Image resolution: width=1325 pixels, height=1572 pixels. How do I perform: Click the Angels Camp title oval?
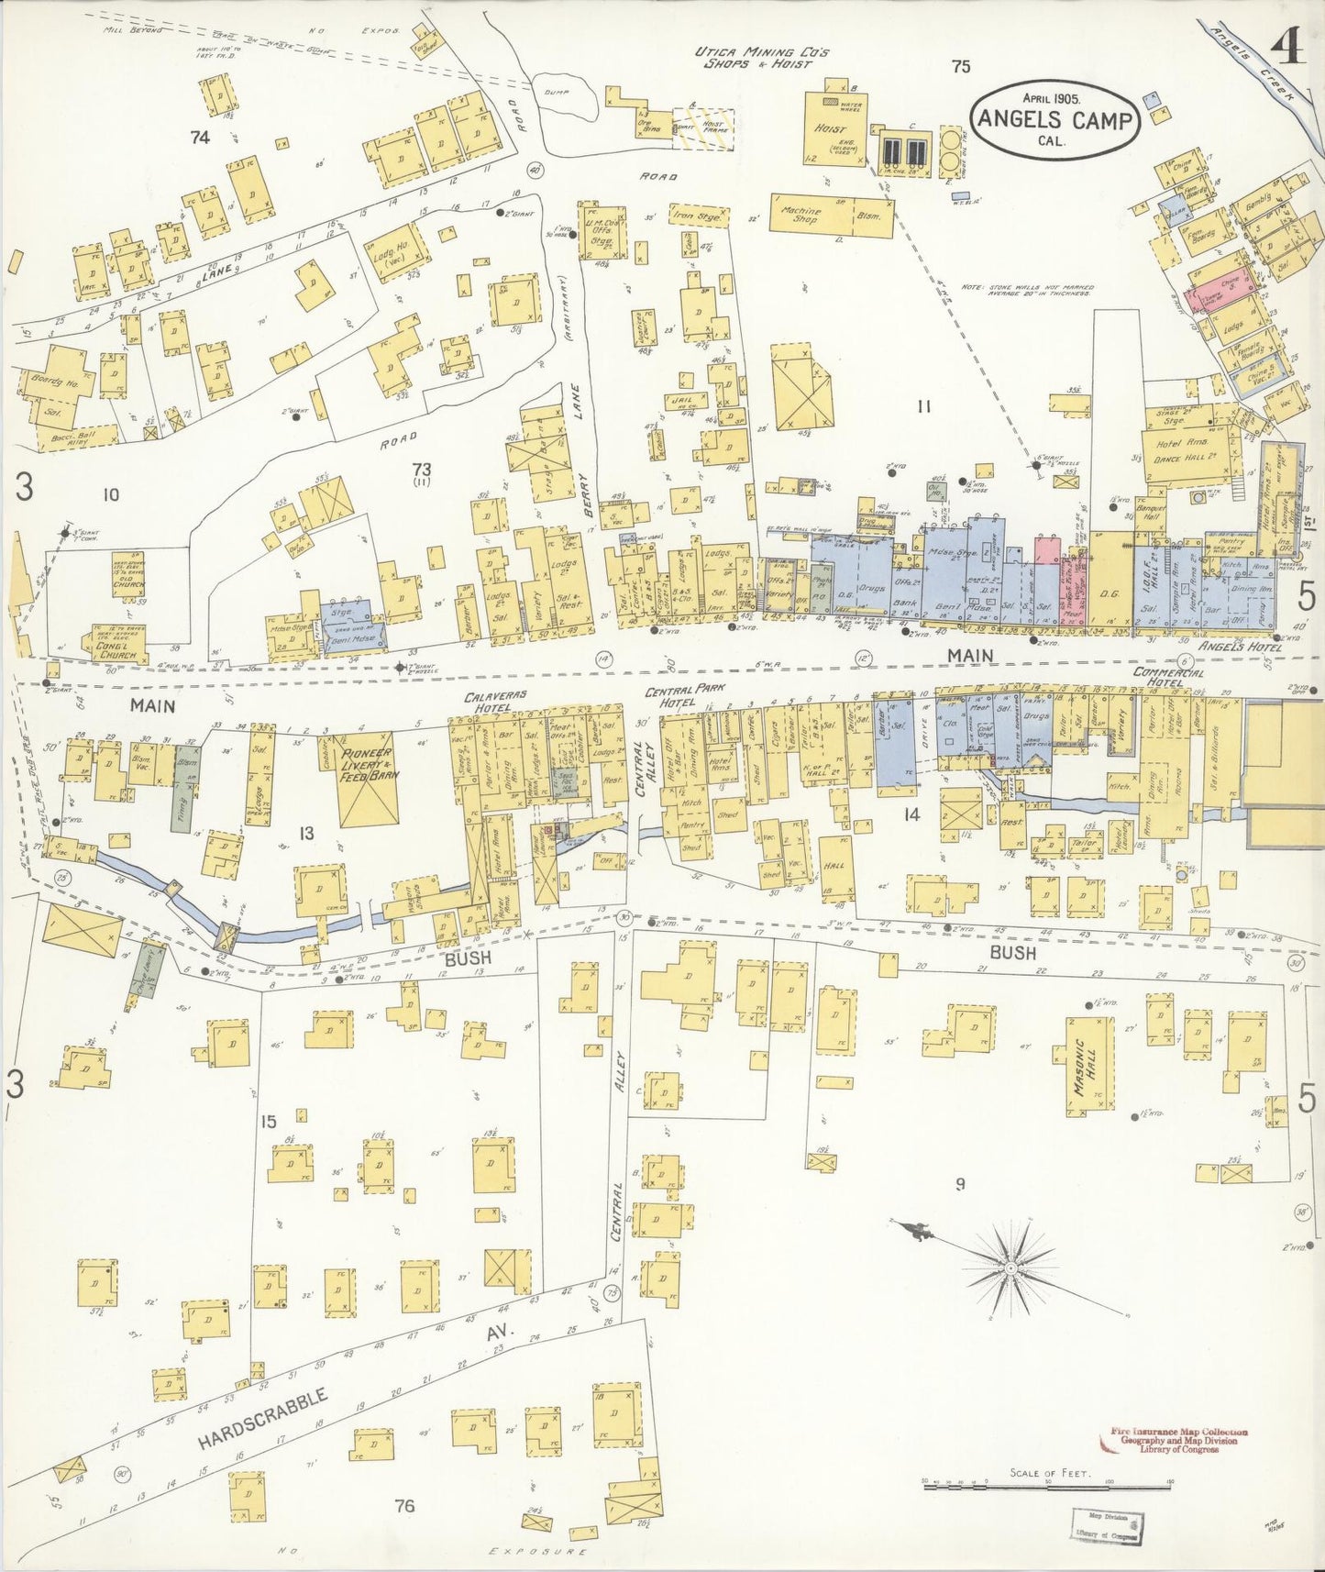tap(1054, 119)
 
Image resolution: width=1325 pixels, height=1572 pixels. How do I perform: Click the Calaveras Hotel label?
tap(494, 702)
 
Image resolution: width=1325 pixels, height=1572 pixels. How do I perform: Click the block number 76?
tap(403, 1505)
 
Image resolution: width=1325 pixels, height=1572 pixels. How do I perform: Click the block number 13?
tap(306, 833)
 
